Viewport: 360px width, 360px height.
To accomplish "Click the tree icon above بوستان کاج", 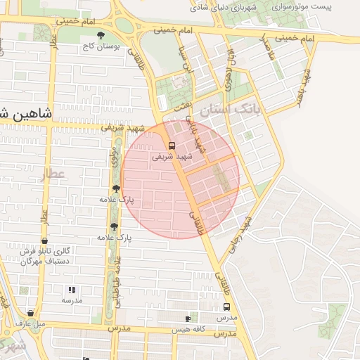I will [101, 34].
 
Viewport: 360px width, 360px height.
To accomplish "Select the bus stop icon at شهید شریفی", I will [172, 146].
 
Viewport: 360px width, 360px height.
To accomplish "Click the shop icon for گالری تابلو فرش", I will [44, 240].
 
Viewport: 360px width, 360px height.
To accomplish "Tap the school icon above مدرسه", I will [71, 289].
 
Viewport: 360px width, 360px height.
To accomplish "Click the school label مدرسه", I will [71, 300].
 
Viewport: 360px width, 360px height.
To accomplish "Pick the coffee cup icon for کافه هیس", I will [187, 319].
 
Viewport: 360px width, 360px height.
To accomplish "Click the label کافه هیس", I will [191, 329].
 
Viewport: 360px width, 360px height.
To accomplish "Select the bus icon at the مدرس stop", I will [226, 307].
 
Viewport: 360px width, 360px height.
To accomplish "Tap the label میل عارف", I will [31, 324].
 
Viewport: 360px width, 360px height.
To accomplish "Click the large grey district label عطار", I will [51, 174].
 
